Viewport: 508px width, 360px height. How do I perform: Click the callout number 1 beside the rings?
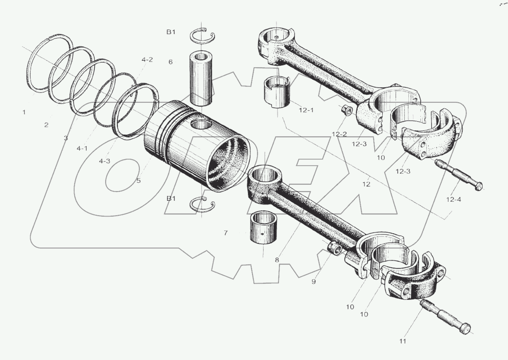coord(24,112)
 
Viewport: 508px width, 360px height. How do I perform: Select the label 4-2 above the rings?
coord(147,60)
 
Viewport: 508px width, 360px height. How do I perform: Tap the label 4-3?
coord(105,161)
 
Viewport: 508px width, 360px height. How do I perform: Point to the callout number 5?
coord(139,181)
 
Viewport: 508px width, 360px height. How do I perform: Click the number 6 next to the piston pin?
coord(170,62)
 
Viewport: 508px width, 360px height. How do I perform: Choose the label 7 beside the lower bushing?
coord(226,233)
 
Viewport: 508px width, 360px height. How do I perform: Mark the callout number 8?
coord(277,260)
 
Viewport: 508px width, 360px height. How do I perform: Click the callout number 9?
coord(314,282)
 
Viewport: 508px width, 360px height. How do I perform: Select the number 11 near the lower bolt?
coord(402,341)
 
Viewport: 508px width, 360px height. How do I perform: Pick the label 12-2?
coord(339,134)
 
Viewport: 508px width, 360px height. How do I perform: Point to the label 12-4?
coord(453,199)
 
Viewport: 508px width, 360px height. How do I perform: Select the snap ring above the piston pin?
coord(202,35)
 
